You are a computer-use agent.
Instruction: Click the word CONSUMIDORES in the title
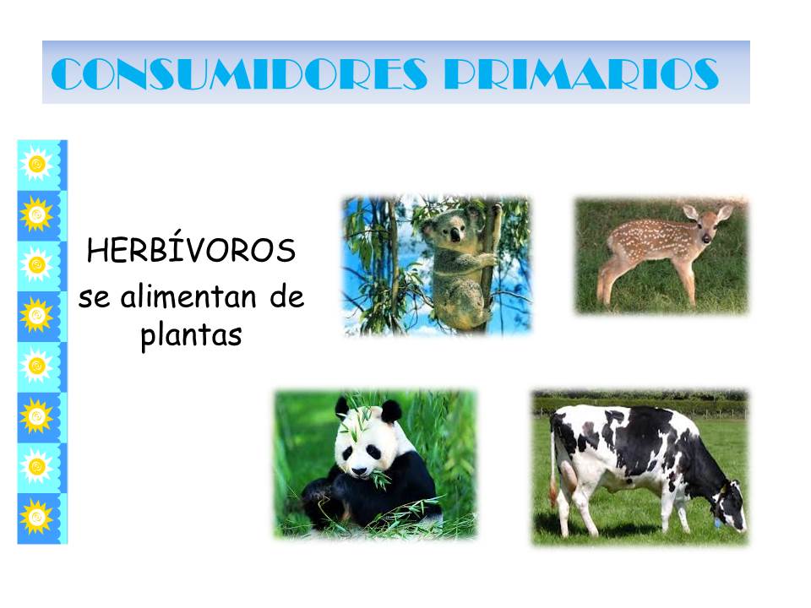239,74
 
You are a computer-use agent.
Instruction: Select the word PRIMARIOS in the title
582,74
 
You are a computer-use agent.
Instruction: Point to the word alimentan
188,296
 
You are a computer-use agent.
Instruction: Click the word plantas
191,335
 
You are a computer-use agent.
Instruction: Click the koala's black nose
454,236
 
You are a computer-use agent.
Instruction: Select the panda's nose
360,471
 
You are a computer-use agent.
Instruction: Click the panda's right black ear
390,412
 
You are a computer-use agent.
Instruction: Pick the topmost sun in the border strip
36,164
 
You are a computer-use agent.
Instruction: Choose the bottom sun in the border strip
36,516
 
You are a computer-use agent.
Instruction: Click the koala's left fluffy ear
429,228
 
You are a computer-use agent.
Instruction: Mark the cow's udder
569,474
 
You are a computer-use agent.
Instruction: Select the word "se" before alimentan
94,299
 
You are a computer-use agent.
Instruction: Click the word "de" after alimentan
287,296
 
